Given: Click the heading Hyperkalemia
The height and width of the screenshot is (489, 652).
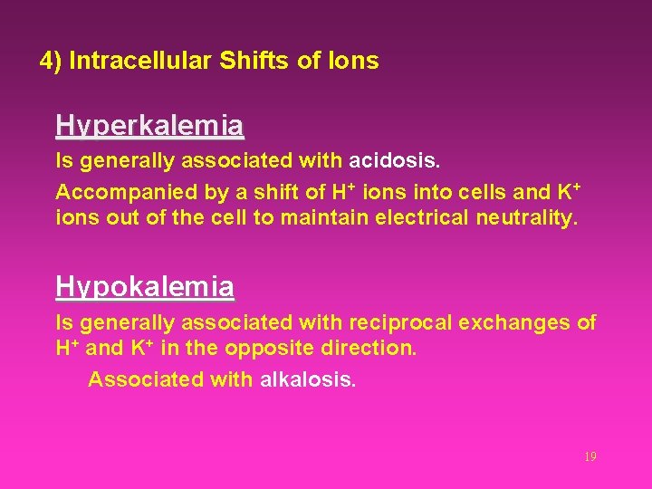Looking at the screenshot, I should tap(149, 125).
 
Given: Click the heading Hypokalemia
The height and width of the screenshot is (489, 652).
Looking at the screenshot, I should tap(145, 287).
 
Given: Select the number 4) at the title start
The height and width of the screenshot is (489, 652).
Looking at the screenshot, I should tap(51, 62).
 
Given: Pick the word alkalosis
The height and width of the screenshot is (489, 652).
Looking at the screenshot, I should tap(308, 379).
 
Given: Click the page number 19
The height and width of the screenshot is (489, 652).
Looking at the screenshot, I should tap(590, 457).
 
